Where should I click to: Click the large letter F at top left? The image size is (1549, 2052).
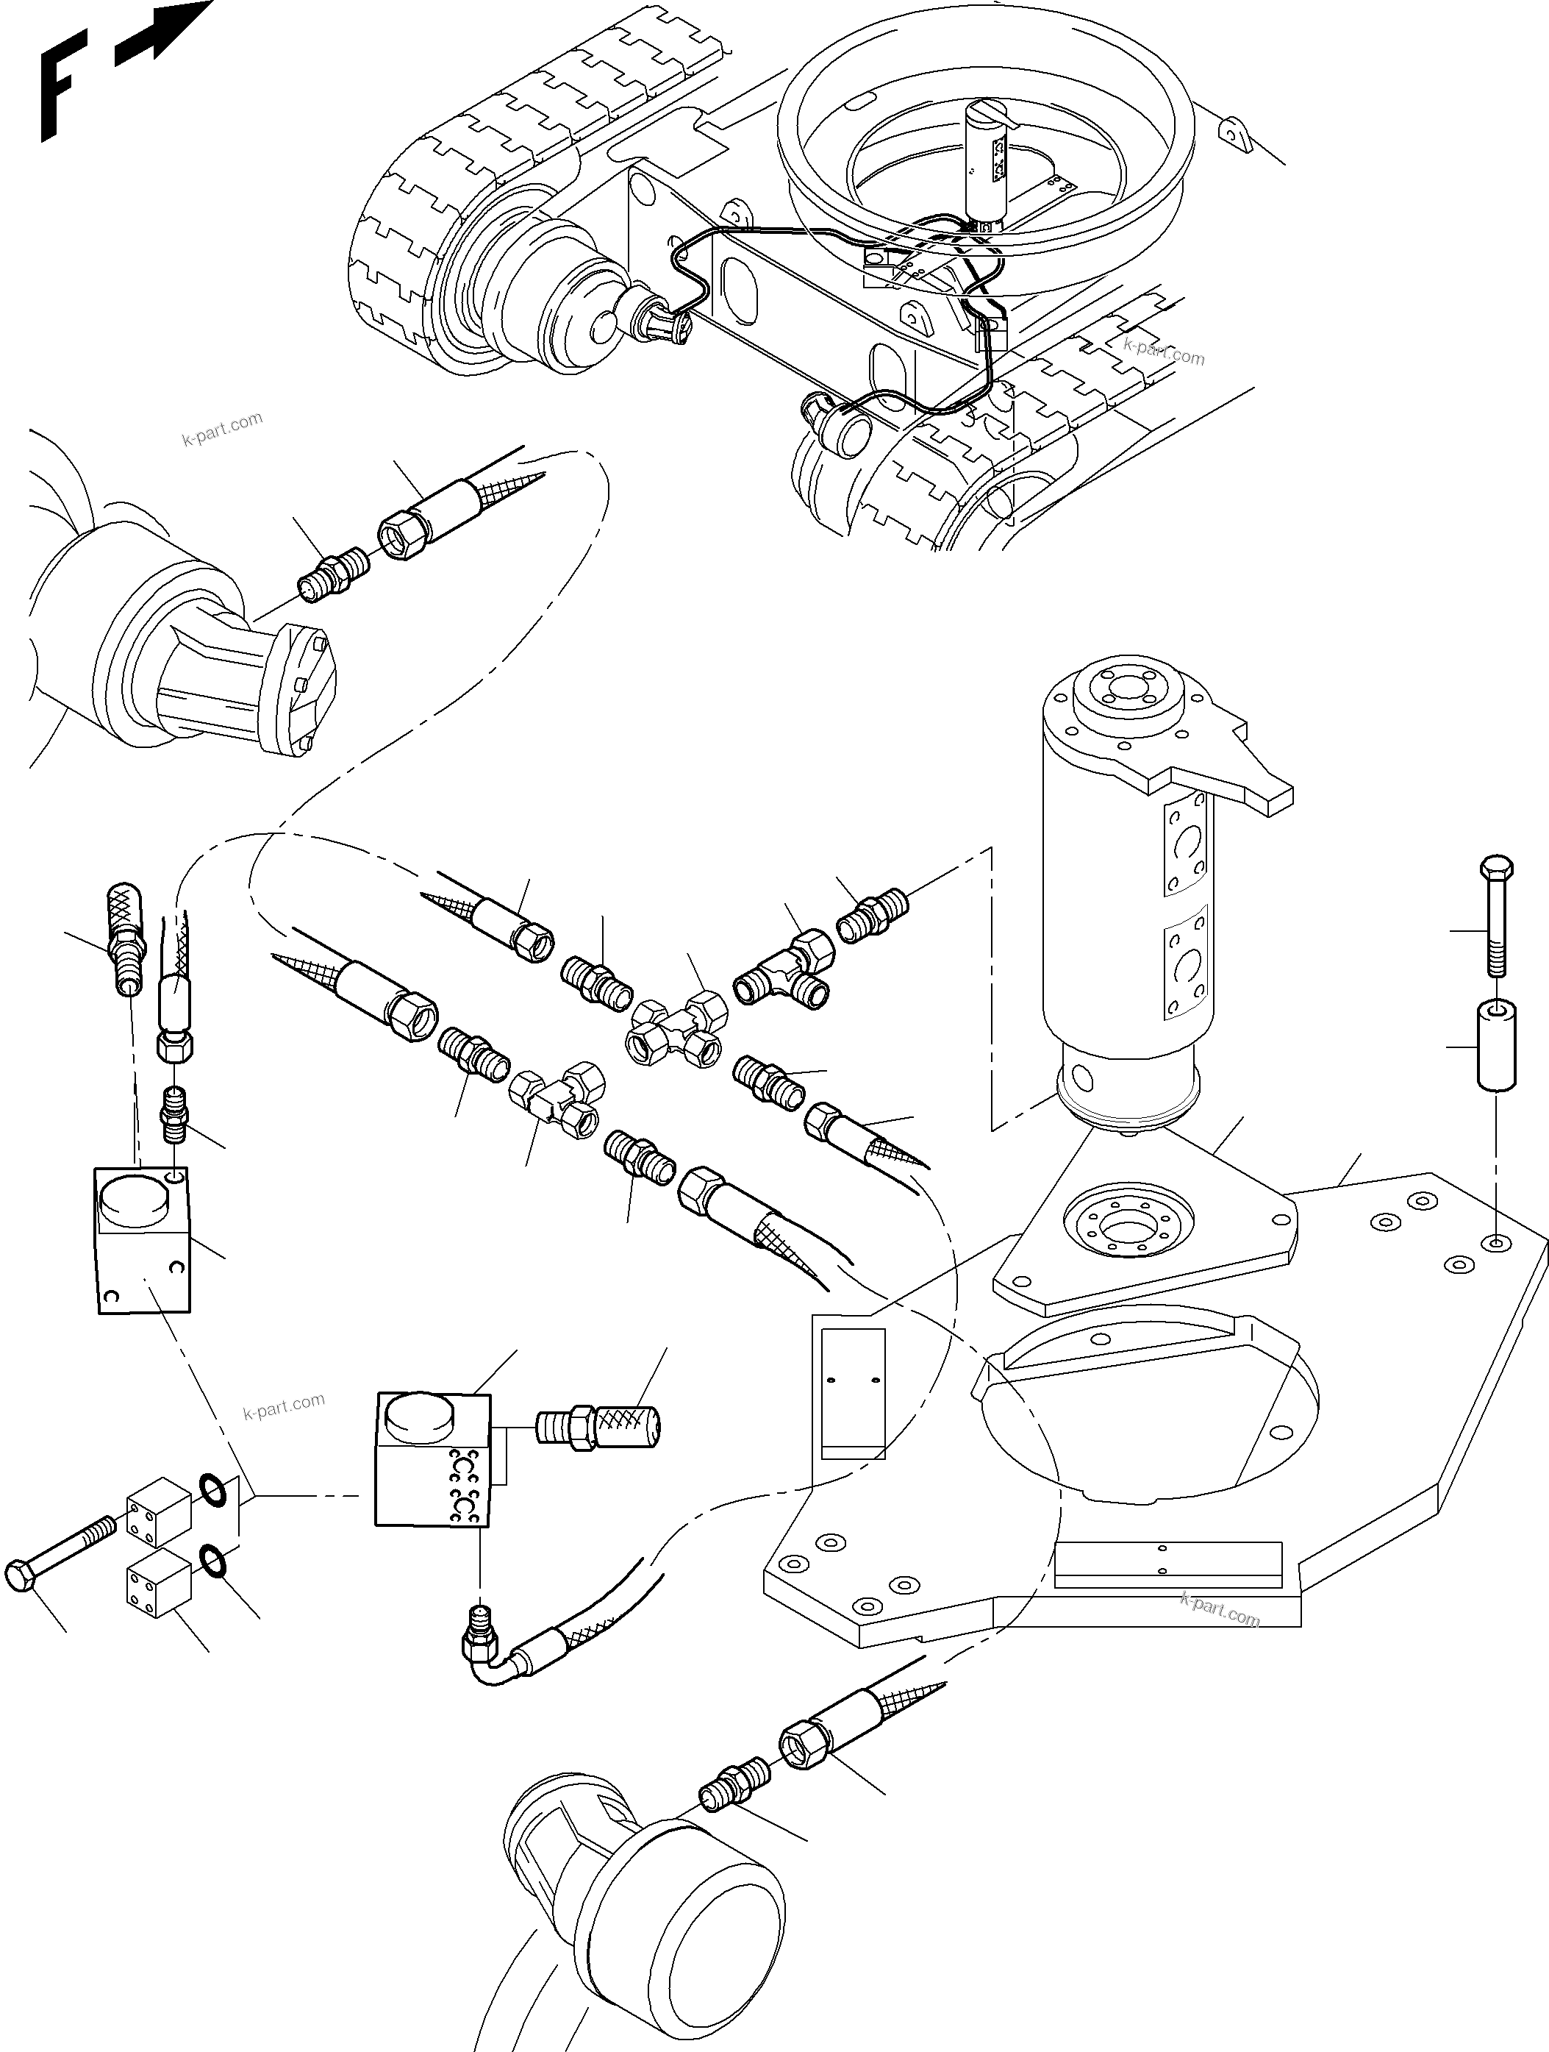61,84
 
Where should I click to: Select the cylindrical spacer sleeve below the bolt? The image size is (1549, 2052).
1495,1044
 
